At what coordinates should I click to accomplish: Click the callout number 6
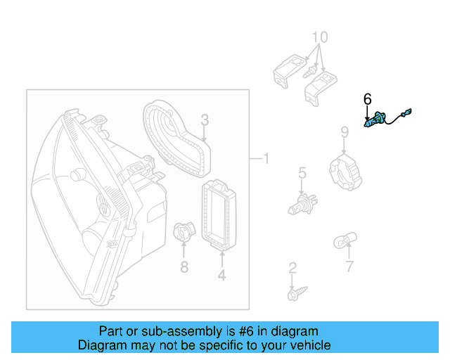point(367,100)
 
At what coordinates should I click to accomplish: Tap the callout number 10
point(319,37)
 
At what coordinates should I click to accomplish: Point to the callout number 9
point(345,131)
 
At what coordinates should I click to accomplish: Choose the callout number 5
point(302,172)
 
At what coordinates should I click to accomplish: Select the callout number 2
point(292,268)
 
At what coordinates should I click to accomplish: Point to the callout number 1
point(265,159)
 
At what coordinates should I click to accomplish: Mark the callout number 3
point(204,120)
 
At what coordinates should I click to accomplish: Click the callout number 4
point(221,276)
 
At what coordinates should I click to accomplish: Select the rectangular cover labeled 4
point(219,215)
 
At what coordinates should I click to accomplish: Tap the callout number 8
point(184,266)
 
